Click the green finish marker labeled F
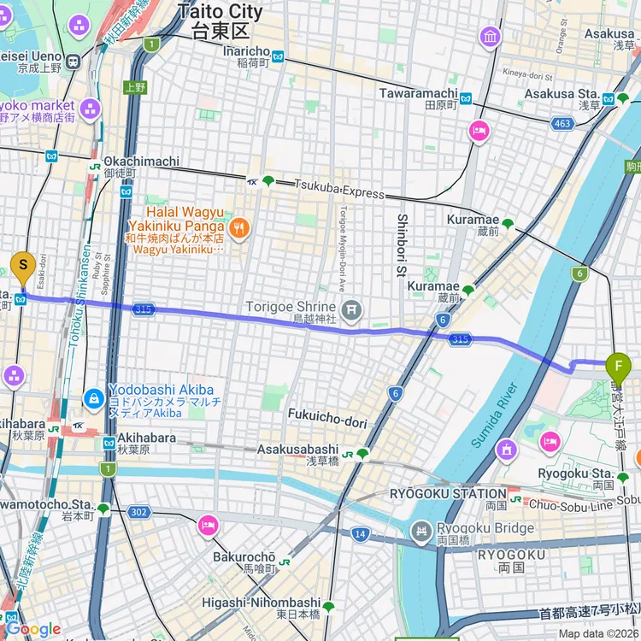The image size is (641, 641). (x=618, y=367)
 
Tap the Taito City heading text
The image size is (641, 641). (x=221, y=12)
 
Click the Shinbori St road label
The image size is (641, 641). (x=401, y=243)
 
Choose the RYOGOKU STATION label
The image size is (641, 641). (x=448, y=494)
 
